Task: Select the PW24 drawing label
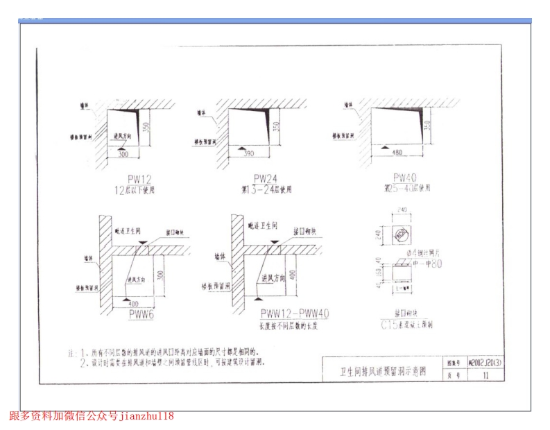point(265,178)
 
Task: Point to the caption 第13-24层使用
point(266,189)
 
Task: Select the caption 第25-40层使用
point(407,188)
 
